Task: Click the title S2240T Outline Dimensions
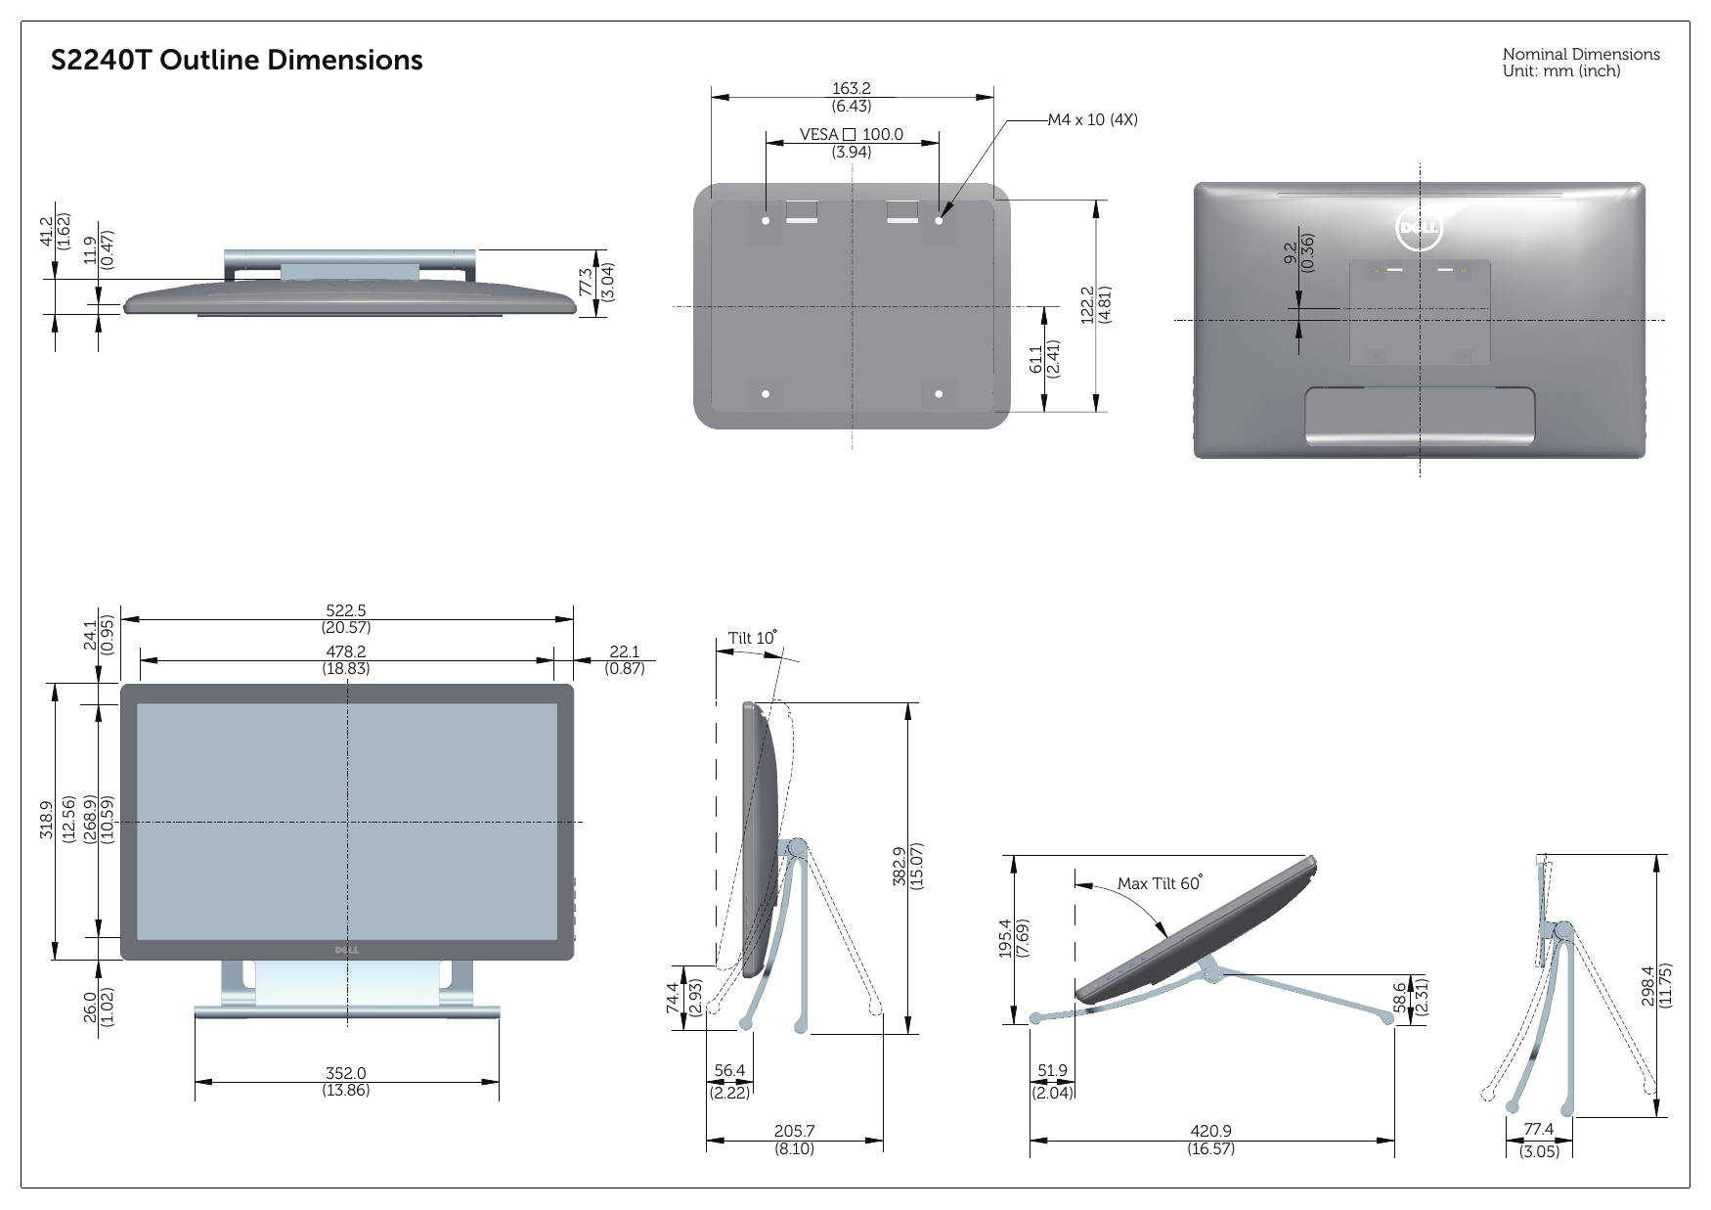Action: point(237,61)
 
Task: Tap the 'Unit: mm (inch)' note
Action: point(1560,71)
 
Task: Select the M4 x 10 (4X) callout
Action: point(1092,119)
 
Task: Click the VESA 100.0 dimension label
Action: point(852,135)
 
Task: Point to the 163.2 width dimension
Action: point(852,89)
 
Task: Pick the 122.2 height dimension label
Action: point(1087,304)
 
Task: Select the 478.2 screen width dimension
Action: point(346,651)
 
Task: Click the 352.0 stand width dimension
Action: point(346,1073)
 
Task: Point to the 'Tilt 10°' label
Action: point(752,638)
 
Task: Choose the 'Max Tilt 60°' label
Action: point(1159,883)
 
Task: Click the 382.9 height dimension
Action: point(900,866)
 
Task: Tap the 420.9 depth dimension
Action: point(1210,1132)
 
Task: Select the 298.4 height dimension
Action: point(1648,985)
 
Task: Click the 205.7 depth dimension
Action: point(794,1132)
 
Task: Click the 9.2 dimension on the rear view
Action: point(1291,252)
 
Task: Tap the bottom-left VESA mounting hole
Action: point(766,394)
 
